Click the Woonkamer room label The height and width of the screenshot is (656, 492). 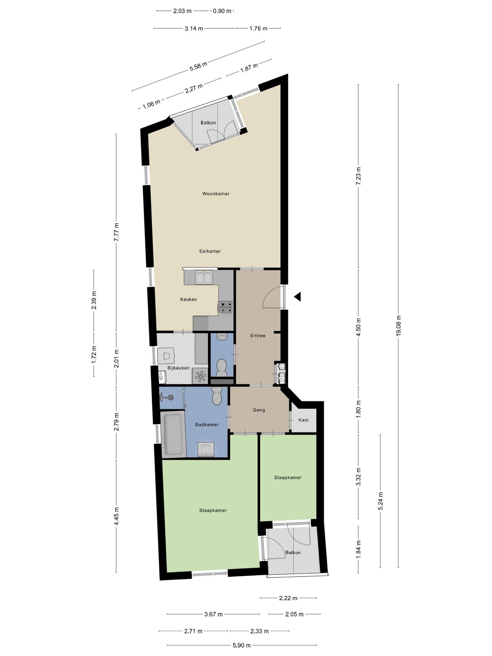pos(216,194)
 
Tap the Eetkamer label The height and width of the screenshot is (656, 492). pos(210,251)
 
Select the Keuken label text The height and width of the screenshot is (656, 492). pos(189,299)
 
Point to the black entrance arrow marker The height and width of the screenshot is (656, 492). pos(297,297)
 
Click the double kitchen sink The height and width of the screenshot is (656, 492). pos(204,277)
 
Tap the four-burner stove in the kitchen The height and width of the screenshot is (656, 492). pos(226,307)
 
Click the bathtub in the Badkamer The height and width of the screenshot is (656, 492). pos(174,434)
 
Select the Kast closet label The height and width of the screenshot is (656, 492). pos(303,420)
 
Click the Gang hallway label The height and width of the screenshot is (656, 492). pos(259,410)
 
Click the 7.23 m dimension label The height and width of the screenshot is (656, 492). pos(358,176)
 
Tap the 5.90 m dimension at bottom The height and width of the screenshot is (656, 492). pos(242,645)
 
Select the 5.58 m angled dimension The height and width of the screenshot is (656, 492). pos(199,66)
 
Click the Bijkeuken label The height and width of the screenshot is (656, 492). pos(178,368)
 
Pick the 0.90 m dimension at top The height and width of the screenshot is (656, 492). pos(222,11)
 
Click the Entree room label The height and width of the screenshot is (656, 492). pos(258,336)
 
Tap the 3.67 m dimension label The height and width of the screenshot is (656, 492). pos(214,614)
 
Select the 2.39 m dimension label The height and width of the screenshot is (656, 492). pos(94,300)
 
